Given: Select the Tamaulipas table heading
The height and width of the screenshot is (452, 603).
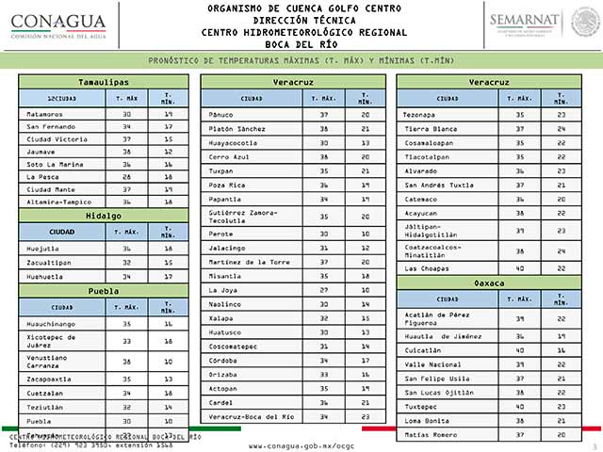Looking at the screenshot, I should pos(103,82).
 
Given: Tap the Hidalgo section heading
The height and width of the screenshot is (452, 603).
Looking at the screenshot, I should pos(103,215).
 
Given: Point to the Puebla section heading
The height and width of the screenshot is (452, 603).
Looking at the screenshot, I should pos(103,291).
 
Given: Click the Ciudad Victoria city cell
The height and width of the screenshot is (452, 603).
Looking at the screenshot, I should pos(57,138).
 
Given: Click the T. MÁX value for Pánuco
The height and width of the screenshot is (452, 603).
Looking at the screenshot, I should pos(323,114).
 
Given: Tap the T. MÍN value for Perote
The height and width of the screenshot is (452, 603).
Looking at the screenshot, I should pos(364,234).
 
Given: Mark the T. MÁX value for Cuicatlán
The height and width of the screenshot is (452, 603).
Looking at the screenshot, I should pos(519,349).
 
